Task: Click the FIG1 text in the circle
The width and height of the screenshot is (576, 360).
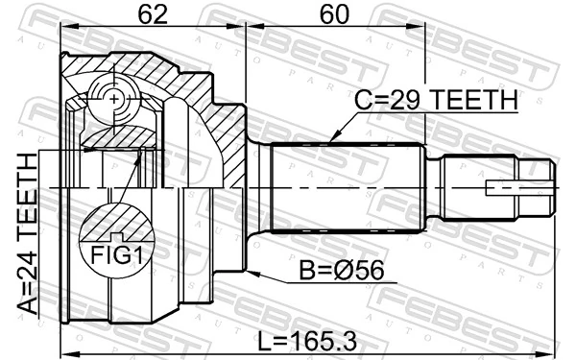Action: pos(116,256)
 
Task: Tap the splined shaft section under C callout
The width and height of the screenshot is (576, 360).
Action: pos(346,187)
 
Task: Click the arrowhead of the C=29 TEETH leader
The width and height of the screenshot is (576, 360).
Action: pos(330,142)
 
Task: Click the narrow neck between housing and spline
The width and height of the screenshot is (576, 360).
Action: pos(258,187)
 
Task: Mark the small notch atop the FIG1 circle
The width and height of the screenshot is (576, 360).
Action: pos(116,235)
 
